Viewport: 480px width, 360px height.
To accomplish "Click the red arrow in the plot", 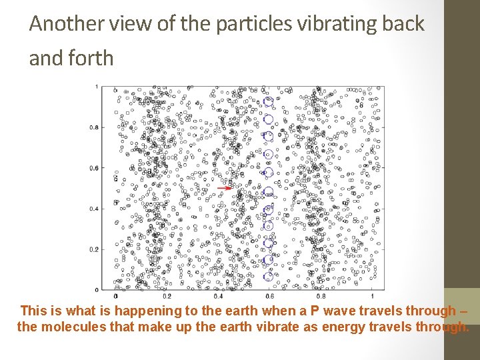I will click(x=225, y=188).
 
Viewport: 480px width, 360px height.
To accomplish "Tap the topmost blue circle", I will click(x=269, y=101).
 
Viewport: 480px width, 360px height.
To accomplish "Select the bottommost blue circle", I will click(x=269, y=276).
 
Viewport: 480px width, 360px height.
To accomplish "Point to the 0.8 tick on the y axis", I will click(x=95, y=127).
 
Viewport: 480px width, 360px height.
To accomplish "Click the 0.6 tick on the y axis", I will click(x=95, y=168).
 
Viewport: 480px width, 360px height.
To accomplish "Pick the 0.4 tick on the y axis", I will click(x=95, y=209).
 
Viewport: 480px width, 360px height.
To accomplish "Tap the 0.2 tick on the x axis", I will click(x=166, y=295).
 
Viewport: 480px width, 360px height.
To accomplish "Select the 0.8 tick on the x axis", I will click(x=320, y=295).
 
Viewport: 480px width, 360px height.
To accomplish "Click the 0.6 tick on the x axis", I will click(x=269, y=295).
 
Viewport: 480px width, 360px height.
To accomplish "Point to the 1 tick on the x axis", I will click(x=371, y=295).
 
